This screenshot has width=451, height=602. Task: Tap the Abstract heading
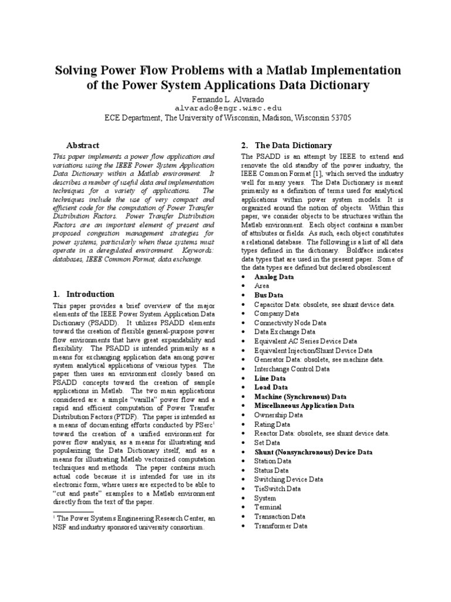point(83,145)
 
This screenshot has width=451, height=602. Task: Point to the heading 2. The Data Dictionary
point(287,145)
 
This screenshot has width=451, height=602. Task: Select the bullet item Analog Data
point(274,276)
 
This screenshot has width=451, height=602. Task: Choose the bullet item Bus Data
point(268,295)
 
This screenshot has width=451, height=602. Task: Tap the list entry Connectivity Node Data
point(290,323)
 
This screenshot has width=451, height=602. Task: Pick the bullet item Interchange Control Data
point(291,369)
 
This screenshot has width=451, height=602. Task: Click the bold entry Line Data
point(270,378)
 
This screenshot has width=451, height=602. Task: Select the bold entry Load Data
point(271,387)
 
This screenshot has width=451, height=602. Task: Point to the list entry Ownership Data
point(278,414)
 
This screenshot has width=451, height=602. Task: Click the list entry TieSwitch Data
point(277,489)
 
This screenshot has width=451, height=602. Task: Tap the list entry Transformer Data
point(280,526)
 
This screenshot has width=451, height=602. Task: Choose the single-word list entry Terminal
point(267,507)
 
